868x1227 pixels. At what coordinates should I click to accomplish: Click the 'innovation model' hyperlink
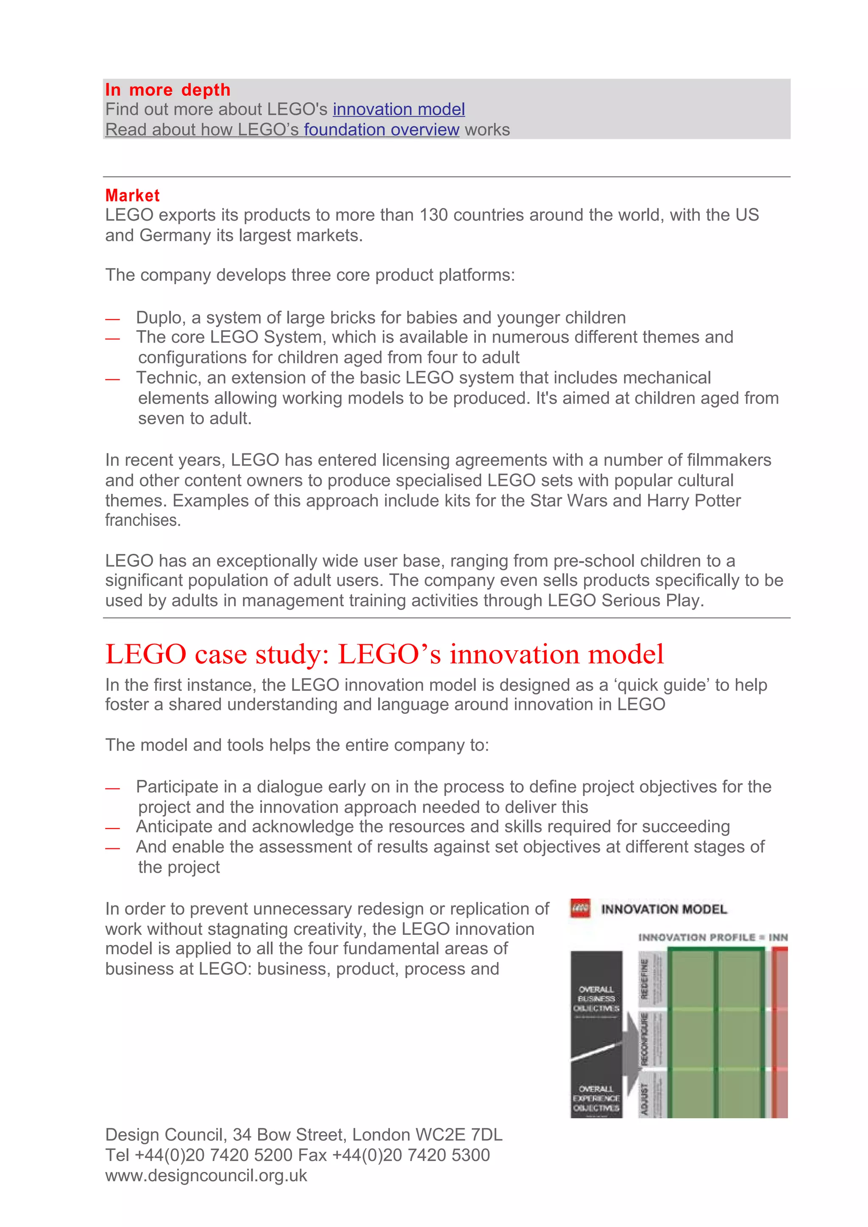tap(398, 110)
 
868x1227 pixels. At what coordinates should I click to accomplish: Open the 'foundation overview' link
tap(381, 130)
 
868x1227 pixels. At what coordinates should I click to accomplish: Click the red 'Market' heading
tap(132, 196)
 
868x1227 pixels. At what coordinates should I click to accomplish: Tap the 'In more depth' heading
tap(167, 90)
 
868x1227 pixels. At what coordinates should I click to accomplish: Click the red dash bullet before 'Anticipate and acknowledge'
tap(112, 828)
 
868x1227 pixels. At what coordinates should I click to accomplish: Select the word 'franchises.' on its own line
tap(143, 520)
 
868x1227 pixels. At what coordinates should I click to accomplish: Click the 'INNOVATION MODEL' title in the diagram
tap(664, 909)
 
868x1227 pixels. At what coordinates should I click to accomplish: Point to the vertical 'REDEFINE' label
tap(645, 979)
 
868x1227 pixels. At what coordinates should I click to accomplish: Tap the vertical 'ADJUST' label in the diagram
tap(645, 1099)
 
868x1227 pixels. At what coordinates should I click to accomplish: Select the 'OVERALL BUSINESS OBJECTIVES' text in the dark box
tap(596, 998)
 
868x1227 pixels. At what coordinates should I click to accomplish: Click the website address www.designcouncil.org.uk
tap(206, 1176)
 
